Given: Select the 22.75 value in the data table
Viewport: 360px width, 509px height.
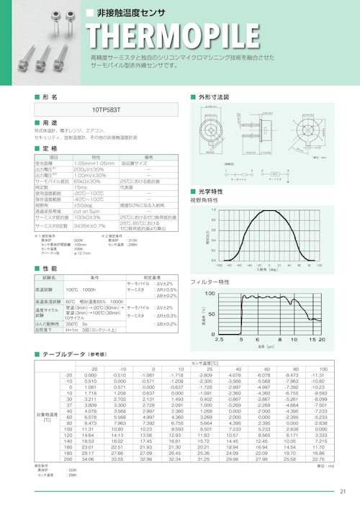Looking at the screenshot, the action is tap(320, 459).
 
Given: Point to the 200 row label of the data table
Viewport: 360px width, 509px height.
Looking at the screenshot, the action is tap(68, 459).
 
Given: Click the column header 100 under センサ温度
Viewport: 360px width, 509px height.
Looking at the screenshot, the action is tap(322, 369).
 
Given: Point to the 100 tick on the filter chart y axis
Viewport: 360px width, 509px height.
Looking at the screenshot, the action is tap(211, 294).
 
